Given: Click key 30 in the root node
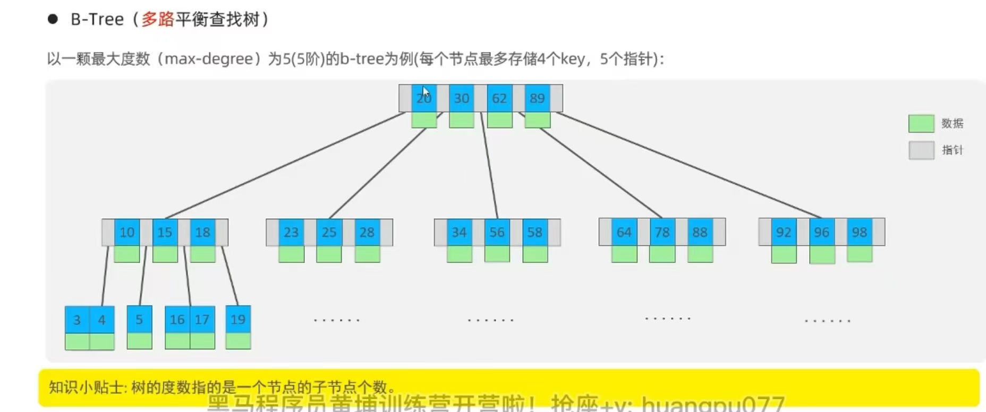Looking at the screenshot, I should click(461, 98).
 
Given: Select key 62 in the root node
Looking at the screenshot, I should click(499, 98).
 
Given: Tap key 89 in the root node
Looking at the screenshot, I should click(537, 98).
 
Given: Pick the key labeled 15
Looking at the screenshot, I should click(165, 232).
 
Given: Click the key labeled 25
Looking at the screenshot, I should click(329, 232).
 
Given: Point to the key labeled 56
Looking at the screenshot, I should click(497, 232).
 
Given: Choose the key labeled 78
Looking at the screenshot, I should click(662, 232).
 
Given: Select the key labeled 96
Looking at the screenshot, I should click(821, 232).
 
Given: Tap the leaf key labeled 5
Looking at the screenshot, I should click(139, 319).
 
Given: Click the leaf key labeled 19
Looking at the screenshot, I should click(238, 319).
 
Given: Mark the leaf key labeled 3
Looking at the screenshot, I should click(77, 320).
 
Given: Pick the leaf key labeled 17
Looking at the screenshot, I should click(202, 319).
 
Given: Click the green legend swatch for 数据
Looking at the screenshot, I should click(921, 123).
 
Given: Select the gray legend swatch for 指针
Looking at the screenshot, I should click(921, 150).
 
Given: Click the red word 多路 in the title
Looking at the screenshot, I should click(158, 20).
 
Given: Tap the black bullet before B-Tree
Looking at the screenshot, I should click(53, 20).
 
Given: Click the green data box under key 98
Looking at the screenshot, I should click(860, 254).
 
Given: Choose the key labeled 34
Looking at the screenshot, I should click(459, 232).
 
